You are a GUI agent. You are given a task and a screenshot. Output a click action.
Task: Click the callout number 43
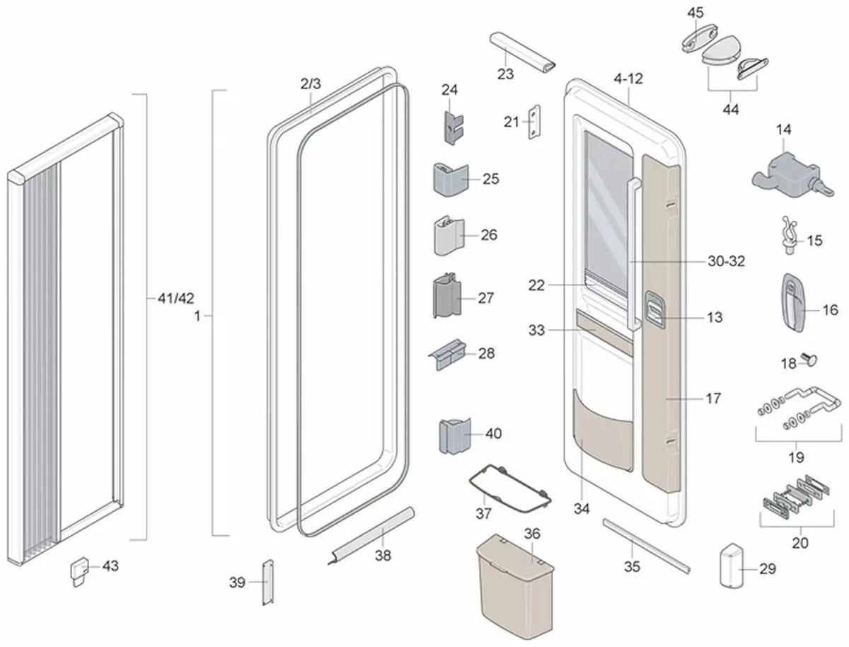tap(110, 566)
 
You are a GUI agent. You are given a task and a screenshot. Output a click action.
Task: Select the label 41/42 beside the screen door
tap(176, 298)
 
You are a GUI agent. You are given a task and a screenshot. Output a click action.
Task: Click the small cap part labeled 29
tap(732, 566)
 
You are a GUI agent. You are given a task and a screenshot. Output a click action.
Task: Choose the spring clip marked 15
tap(789, 235)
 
